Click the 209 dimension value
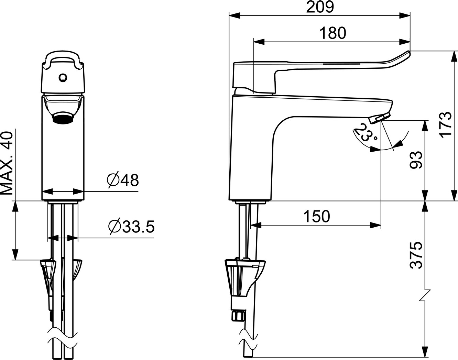(x=320, y=7)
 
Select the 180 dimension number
(x=332, y=33)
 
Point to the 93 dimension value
(x=416, y=160)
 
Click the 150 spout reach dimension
(x=317, y=216)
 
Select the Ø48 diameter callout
(x=123, y=180)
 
